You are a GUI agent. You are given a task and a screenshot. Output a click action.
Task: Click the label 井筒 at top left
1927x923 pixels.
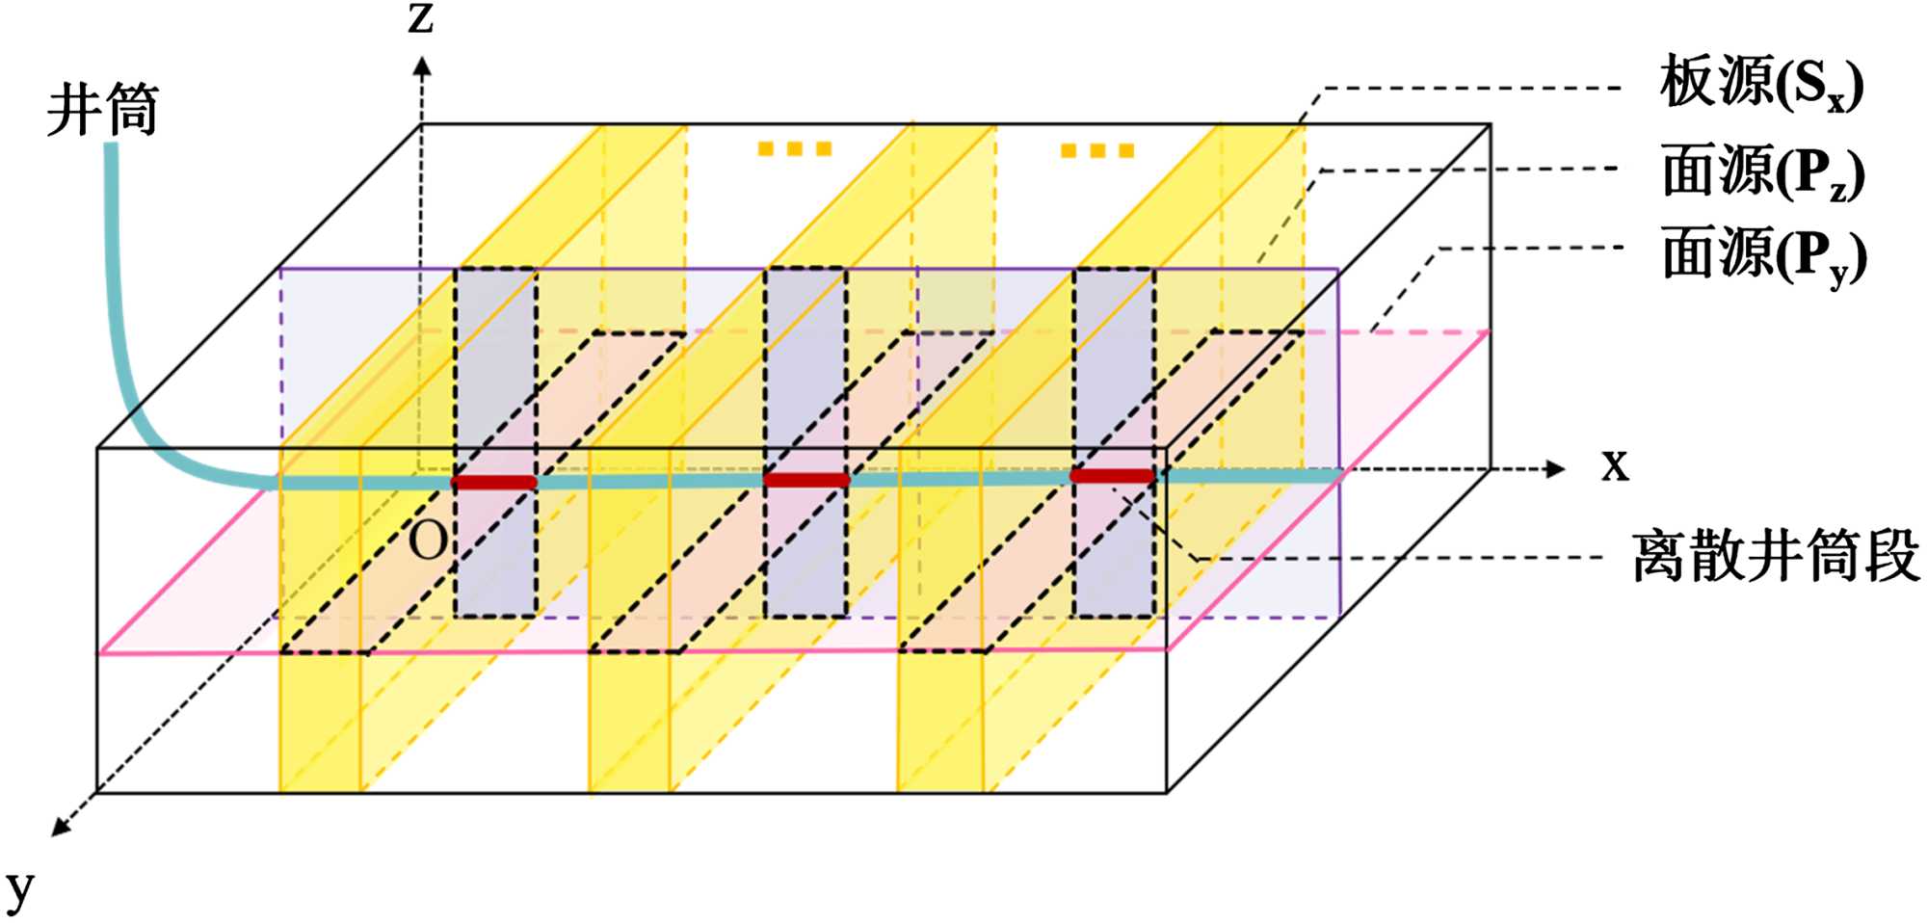(102, 110)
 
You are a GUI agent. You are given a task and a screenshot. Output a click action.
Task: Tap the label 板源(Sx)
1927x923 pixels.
(1760, 84)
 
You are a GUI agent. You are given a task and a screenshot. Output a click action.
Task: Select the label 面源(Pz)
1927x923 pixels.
(1762, 172)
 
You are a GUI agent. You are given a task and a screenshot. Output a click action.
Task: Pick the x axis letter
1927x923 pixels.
(1615, 465)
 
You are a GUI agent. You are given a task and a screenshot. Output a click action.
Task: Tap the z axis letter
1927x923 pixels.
(421, 18)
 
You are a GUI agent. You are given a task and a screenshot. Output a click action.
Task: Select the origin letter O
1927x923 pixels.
(428, 541)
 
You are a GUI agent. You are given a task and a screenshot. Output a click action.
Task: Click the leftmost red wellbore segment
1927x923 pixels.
(494, 482)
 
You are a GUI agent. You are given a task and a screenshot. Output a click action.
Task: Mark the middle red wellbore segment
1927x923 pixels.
(806, 479)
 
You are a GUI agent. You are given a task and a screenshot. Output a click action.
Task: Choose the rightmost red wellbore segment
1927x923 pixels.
(1112, 475)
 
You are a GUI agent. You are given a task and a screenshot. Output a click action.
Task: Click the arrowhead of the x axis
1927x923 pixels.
(1554, 469)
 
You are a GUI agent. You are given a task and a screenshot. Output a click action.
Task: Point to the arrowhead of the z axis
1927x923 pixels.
(421, 66)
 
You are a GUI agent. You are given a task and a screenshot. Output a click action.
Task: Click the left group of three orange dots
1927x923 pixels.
(794, 148)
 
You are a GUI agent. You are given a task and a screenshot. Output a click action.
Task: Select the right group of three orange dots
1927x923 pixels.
(1097, 150)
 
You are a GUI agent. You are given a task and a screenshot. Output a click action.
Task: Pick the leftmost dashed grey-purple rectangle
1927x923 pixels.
(495, 442)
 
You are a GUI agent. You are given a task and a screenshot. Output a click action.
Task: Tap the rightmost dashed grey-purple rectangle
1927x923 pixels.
(1115, 442)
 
